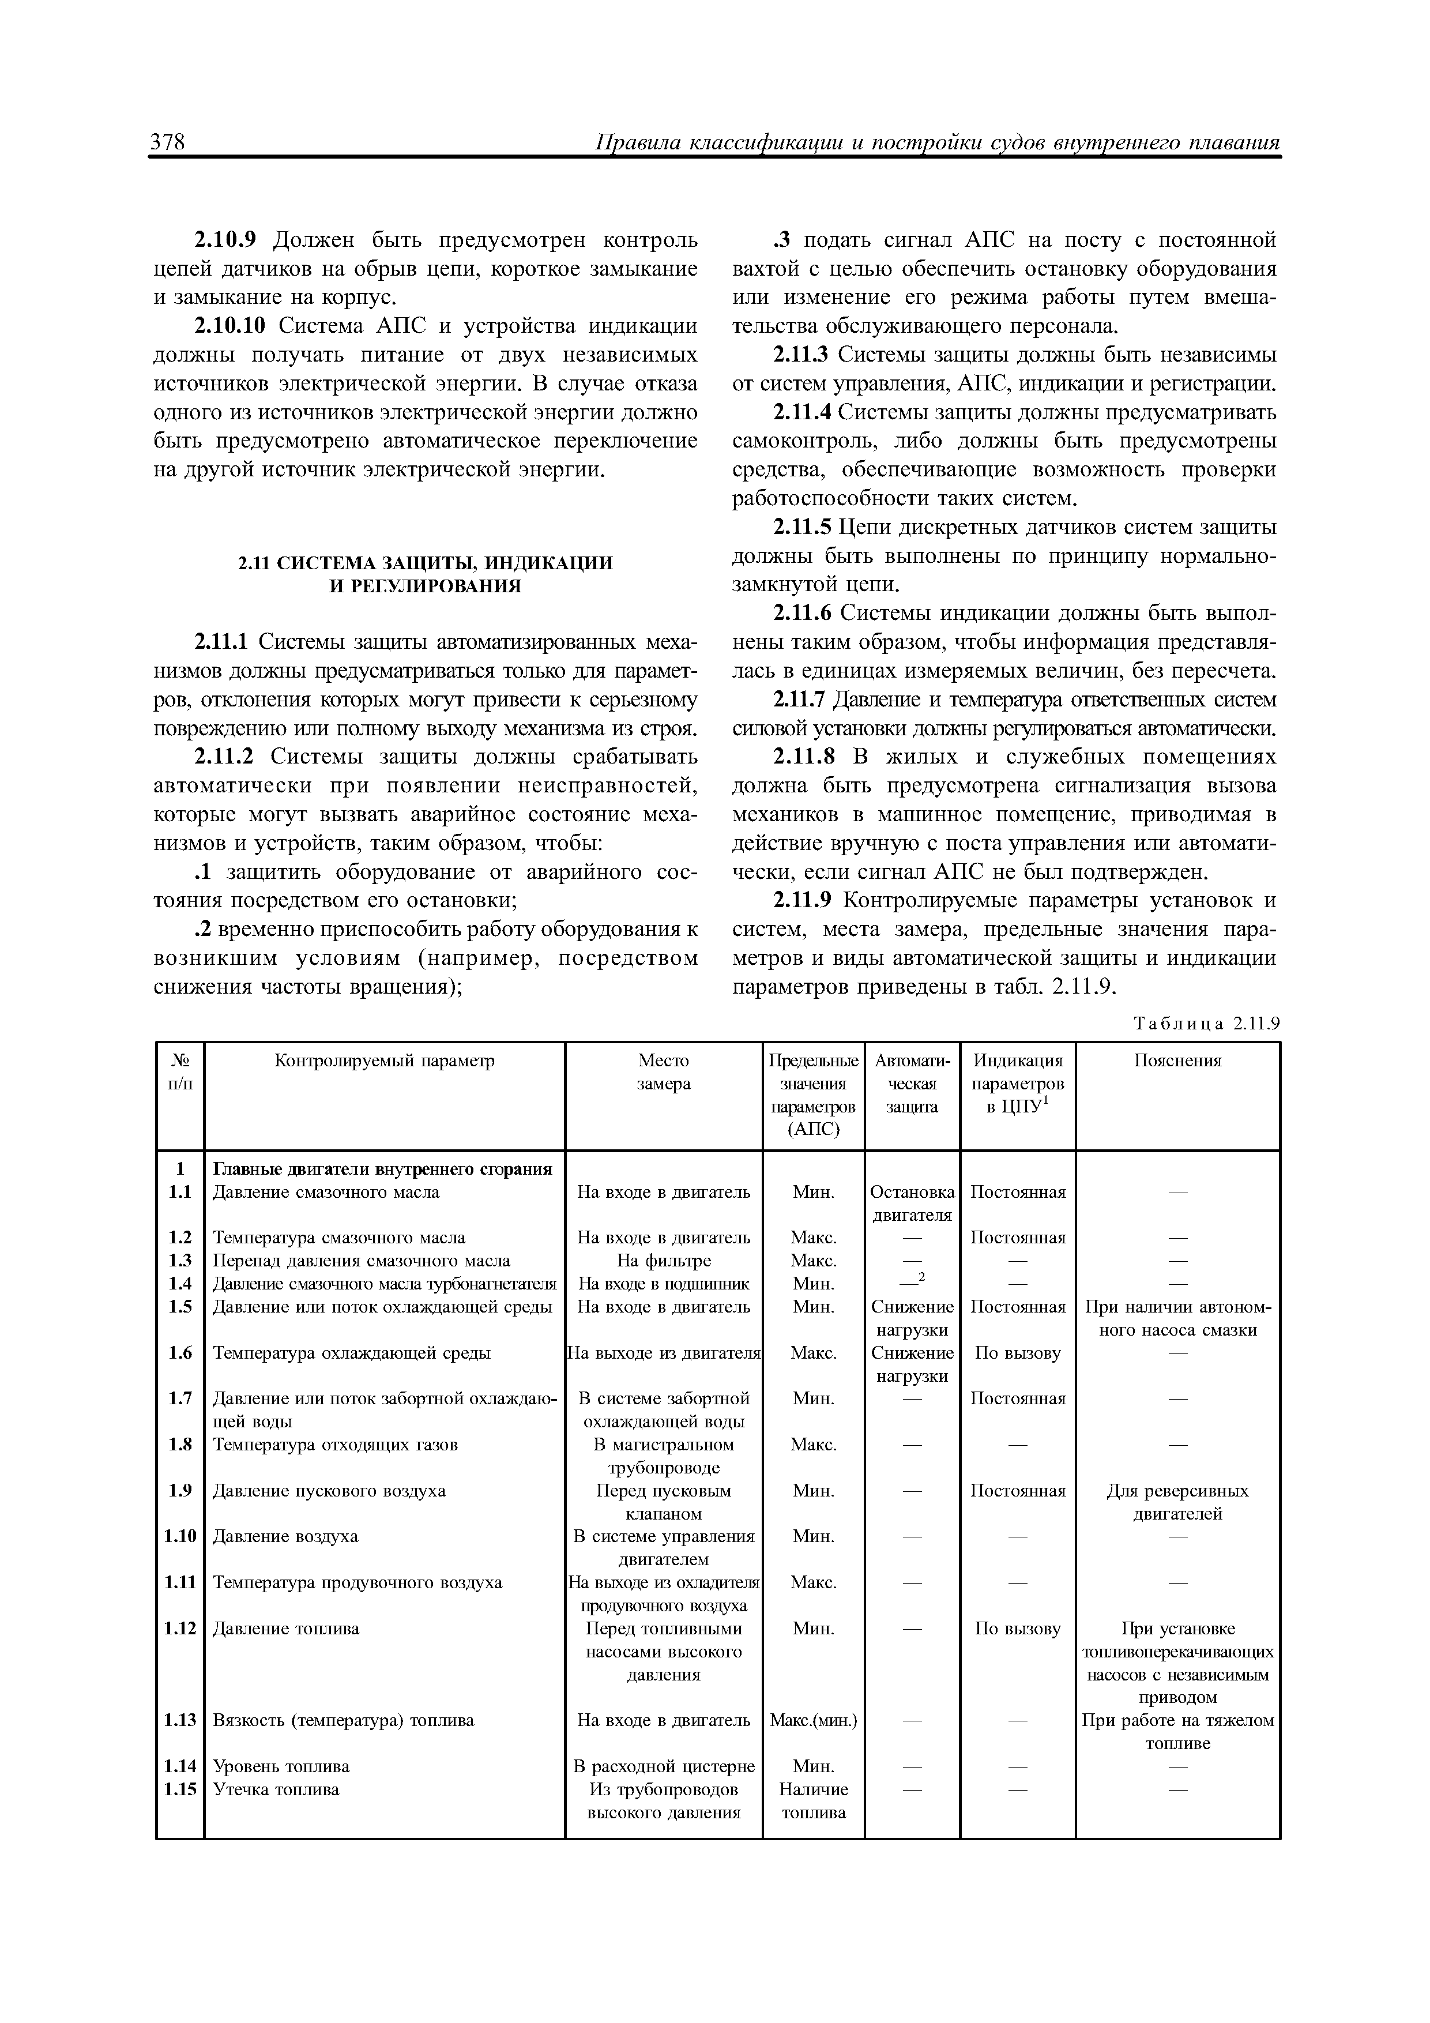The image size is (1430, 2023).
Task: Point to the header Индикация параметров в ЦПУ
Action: tap(1018, 1084)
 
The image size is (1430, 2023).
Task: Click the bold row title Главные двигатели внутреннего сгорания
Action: tap(382, 1169)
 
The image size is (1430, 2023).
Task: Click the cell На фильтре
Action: tap(664, 1261)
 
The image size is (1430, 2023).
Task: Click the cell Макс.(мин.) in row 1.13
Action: tap(813, 1720)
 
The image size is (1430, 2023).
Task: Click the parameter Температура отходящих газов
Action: tap(336, 1444)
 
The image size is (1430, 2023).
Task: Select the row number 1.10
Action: tap(180, 1536)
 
